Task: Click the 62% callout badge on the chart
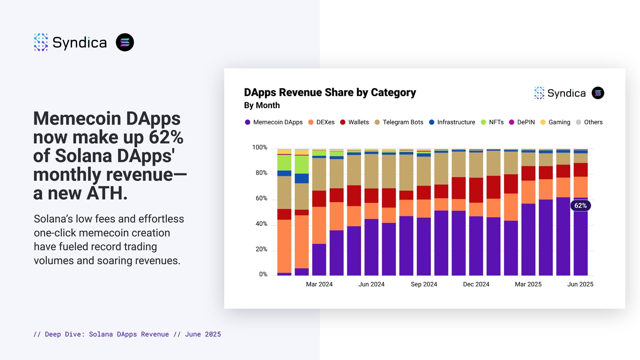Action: pos(580,206)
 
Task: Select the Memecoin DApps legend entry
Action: pos(274,122)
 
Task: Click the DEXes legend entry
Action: pos(321,122)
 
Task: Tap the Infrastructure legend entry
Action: pos(452,122)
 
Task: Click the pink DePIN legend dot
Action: pos(512,122)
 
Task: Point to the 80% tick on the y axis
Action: pos(261,173)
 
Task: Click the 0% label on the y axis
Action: pos(263,275)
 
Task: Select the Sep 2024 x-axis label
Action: pos(424,284)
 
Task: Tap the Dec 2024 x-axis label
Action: pos(476,284)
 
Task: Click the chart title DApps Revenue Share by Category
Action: pos(330,92)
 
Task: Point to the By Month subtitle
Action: pos(262,105)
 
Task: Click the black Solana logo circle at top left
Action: pos(125,42)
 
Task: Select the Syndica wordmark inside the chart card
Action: pos(566,93)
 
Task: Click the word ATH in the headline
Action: pos(107,193)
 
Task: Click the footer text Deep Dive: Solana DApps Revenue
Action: pos(107,334)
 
